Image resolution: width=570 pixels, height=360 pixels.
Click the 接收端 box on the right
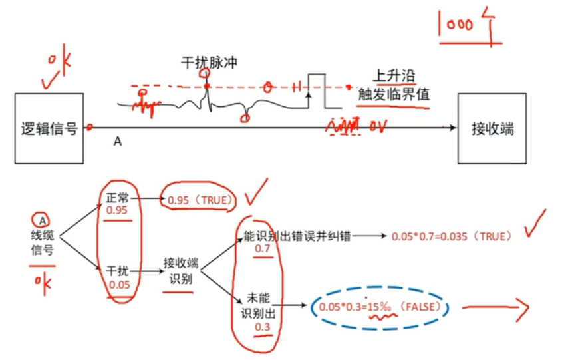[x=492, y=128]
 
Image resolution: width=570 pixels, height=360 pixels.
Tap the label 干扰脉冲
[x=210, y=63]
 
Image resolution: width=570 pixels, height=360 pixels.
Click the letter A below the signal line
[x=118, y=141]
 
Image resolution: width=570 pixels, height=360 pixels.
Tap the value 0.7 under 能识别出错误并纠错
[x=264, y=249]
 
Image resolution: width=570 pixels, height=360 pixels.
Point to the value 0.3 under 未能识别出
[x=263, y=327]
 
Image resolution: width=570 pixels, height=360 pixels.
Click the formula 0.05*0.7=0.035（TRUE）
[x=452, y=236]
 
